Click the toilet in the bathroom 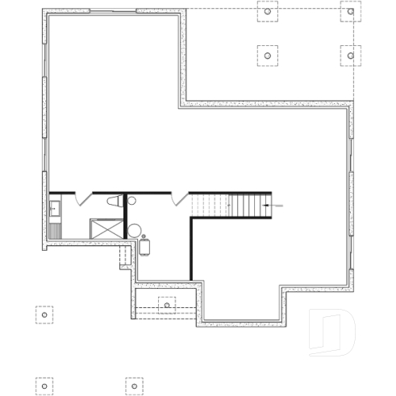pyautogui.click(x=115, y=202)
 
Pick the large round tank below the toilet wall pyautogui.click(x=133, y=230)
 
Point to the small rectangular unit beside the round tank pyautogui.click(x=146, y=244)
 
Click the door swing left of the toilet pyautogui.click(x=85, y=198)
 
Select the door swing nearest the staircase pyautogui.click(x=179, y=198)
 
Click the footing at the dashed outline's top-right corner pyautogui.click(x=349, y=12)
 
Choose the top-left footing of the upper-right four pyautogui.click(x=268, y=12)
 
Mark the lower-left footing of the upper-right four pyautogui.click(x=268, y=55)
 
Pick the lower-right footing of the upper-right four pyautogui.click(x=349, y=55)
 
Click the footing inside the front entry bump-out pyautogui.click(x=167, y=305)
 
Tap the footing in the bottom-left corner pyautogui.click(x=44, y=386)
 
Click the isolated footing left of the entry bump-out pyautogui.click(x=44, y=314)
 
